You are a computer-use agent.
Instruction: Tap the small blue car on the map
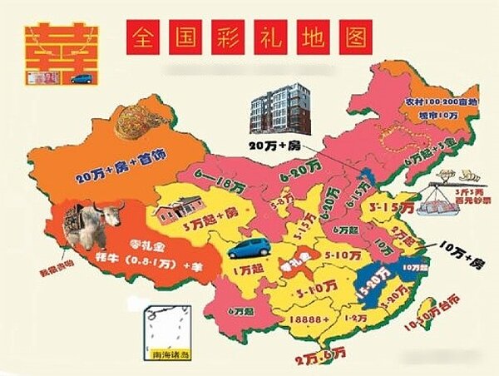click(x=249, y=248)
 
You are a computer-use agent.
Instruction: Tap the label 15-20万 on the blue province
click(x=376, y=284)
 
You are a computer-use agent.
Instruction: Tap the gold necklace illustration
click(x=137, y=122)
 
